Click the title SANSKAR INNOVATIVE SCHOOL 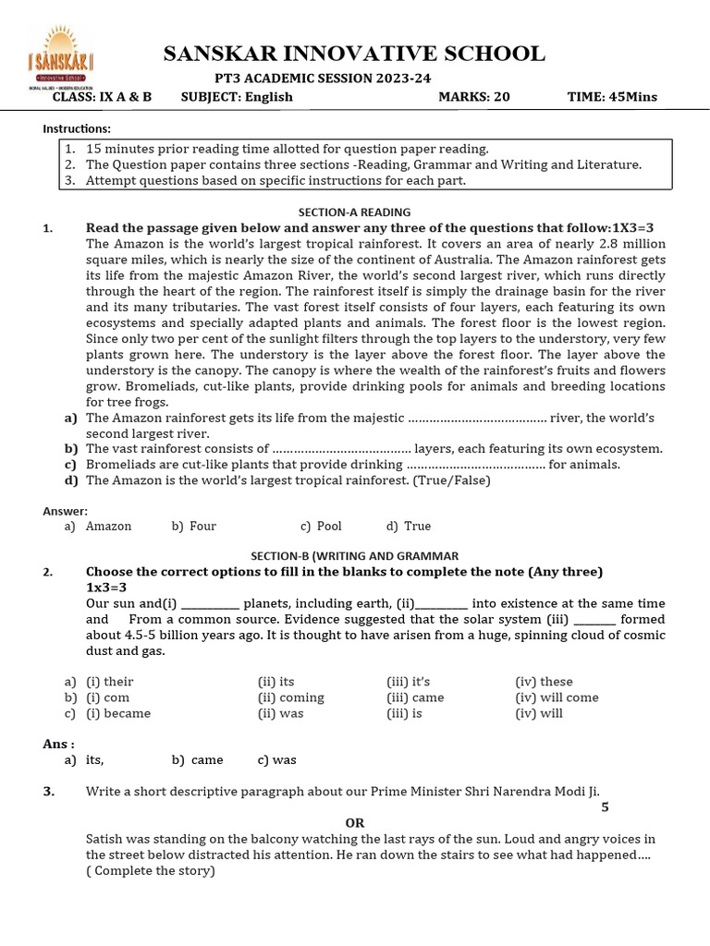354,54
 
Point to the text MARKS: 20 473,97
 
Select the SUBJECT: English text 237,97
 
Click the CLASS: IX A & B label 102,97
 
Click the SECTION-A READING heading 354,212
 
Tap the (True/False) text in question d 452,480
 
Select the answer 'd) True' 409,526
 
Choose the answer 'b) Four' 194,526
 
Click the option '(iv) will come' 557,697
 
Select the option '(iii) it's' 409,682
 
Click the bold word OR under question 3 355,822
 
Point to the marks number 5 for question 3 605,807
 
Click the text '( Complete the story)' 150,870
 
